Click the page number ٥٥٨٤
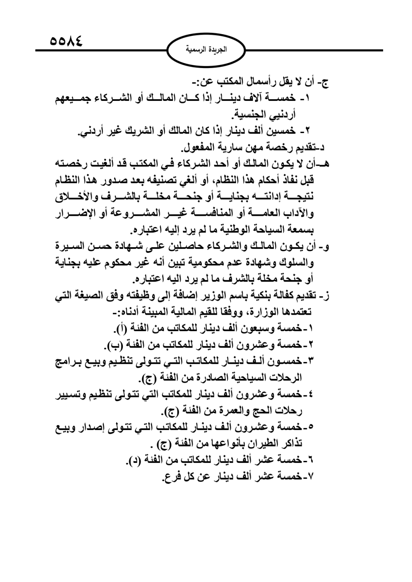point(66,42)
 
